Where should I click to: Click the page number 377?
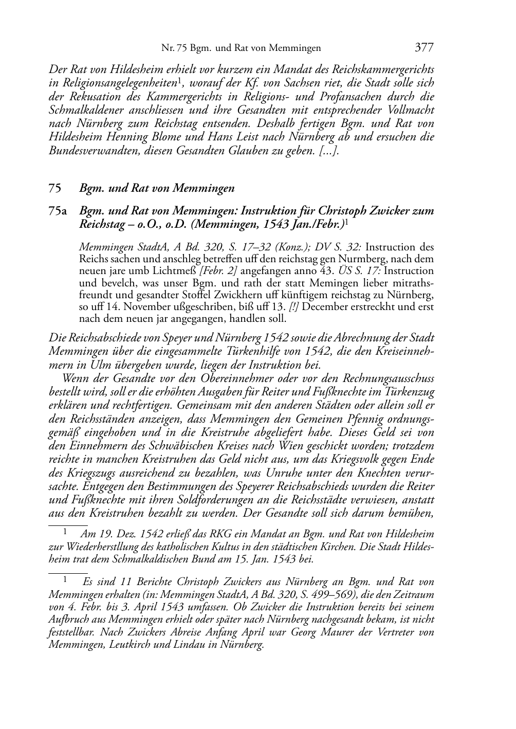424,48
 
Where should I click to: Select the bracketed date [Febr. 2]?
203,270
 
